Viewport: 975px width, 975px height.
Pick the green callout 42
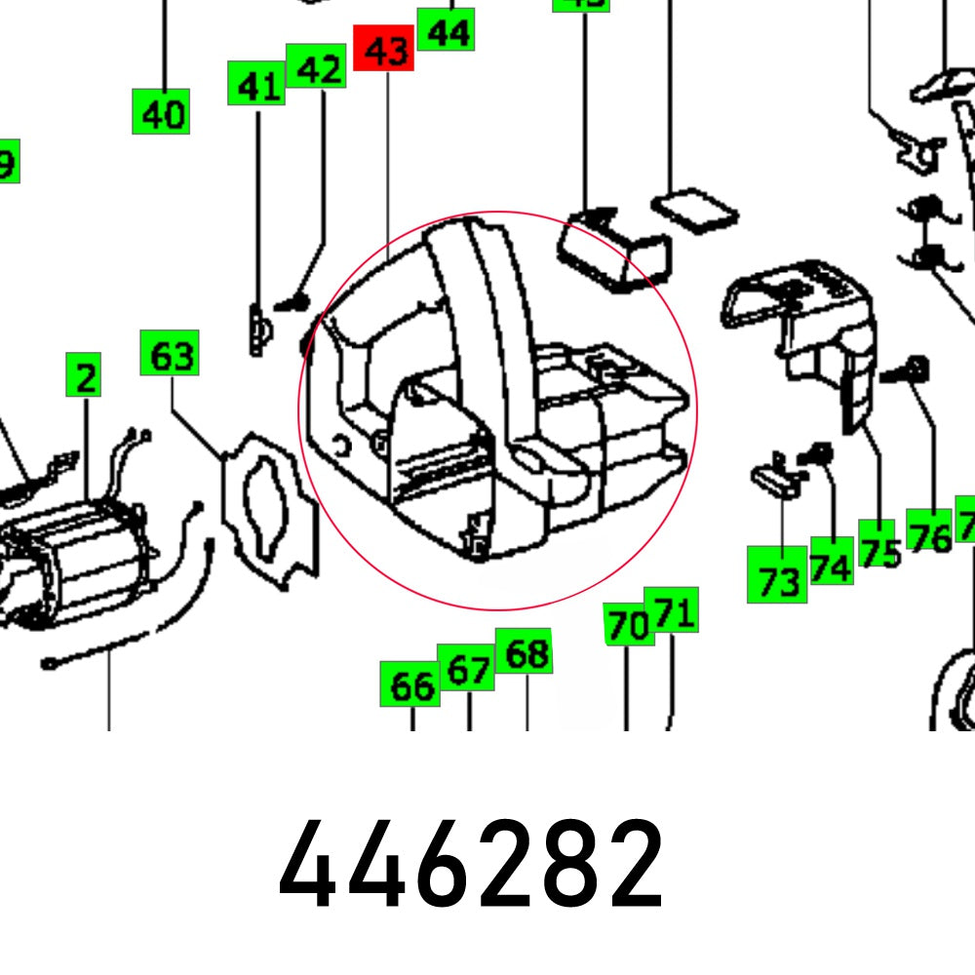pos(317,67)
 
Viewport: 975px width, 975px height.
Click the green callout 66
pos(410,685)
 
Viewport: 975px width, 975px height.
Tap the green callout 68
pos(525,652)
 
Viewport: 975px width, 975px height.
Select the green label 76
pos(929,534)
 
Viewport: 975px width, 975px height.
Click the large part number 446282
pos(471,865)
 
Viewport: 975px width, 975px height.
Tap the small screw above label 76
pos(916,370)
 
